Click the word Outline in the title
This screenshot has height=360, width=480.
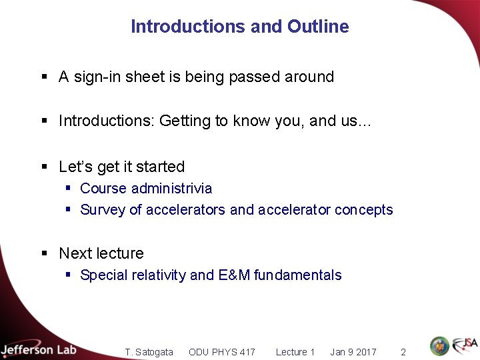point(318,27)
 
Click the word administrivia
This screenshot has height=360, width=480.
point(172,189)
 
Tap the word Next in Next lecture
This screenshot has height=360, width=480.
point(74,253)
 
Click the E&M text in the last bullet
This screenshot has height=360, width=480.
point(234,275)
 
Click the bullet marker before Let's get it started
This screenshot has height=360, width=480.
point(45,167)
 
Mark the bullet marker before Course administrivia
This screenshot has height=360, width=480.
point(68,189)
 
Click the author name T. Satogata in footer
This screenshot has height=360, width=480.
point(149,352)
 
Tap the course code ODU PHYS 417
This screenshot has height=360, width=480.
point(221,352)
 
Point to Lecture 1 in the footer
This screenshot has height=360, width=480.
point(295,352)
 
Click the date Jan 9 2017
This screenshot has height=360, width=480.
point(353,352)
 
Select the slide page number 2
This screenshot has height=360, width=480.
point(403,352)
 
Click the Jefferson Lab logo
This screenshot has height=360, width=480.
point(38,349)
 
